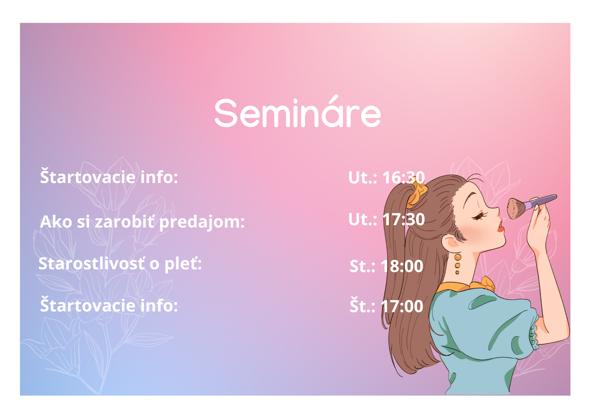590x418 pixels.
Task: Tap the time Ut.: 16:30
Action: [386, 177]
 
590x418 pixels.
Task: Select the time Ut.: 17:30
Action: [386, 219]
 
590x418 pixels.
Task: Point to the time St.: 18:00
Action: [386, 266]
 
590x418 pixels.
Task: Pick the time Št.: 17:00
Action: [386, 306]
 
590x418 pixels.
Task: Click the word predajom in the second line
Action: [202, 222]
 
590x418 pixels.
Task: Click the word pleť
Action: [183, 264]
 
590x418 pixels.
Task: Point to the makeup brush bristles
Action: [515, 208]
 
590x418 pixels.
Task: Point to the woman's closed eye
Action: [479, 216]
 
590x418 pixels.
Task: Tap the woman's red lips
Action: [501, 227]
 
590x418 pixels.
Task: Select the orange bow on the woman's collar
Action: [486, 284]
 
